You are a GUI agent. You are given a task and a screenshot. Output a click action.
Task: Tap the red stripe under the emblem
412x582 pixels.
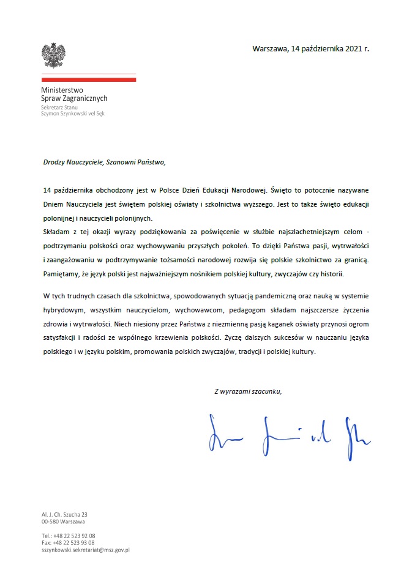[x=89, y=79]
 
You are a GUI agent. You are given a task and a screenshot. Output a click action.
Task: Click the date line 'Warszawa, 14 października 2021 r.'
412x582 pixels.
[x=310, y=49]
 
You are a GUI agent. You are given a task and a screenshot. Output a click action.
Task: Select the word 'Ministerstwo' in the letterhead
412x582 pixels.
[x=59, y=90]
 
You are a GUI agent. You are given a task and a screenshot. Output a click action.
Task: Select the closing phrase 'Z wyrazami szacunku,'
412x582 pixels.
[x=248, y=391]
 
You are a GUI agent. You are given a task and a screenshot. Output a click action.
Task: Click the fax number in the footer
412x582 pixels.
[x=68, y=542]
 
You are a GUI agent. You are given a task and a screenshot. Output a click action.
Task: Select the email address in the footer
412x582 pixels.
[x=86, y=550]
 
